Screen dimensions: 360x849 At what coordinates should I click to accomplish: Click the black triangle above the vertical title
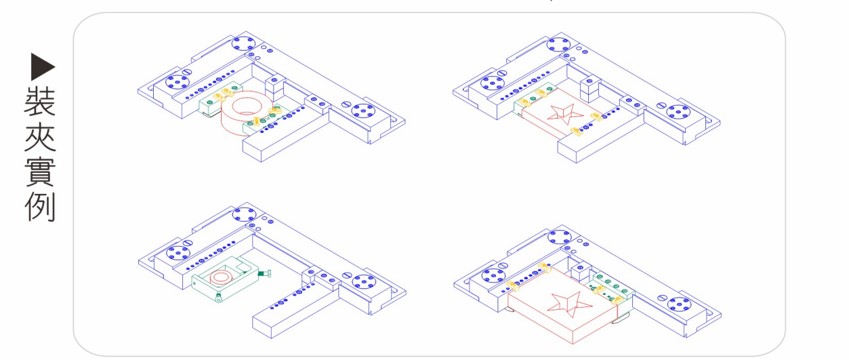pyautogui.click(x=43, y=66)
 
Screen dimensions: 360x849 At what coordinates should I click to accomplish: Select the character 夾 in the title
pyautogui.click(x=40, y=137)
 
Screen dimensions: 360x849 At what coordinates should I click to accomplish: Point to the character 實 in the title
pyautogui.click(x=40, y=173)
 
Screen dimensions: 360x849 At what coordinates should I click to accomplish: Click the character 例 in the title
pyautogui.click(x=40, y=209)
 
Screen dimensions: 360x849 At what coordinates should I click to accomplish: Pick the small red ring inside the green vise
pyautogui.click(x=221, y=277)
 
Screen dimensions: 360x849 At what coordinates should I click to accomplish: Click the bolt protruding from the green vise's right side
pyautogui.click(x=266, y=273)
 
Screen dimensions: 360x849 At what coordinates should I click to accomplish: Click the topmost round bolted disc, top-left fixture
pyautogui.click(x=241, y=45)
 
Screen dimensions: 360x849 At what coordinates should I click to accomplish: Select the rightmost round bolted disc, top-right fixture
pyautogui.click(x=678, y=113)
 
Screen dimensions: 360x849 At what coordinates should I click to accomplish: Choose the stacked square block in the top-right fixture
pyautogui.click(x=589, y=87)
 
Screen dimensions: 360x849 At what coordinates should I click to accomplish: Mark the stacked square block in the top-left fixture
pyautogui.click(x=275, y=85)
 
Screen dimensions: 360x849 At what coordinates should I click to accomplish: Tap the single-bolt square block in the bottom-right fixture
pyautogui.click(x=580, y=271)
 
